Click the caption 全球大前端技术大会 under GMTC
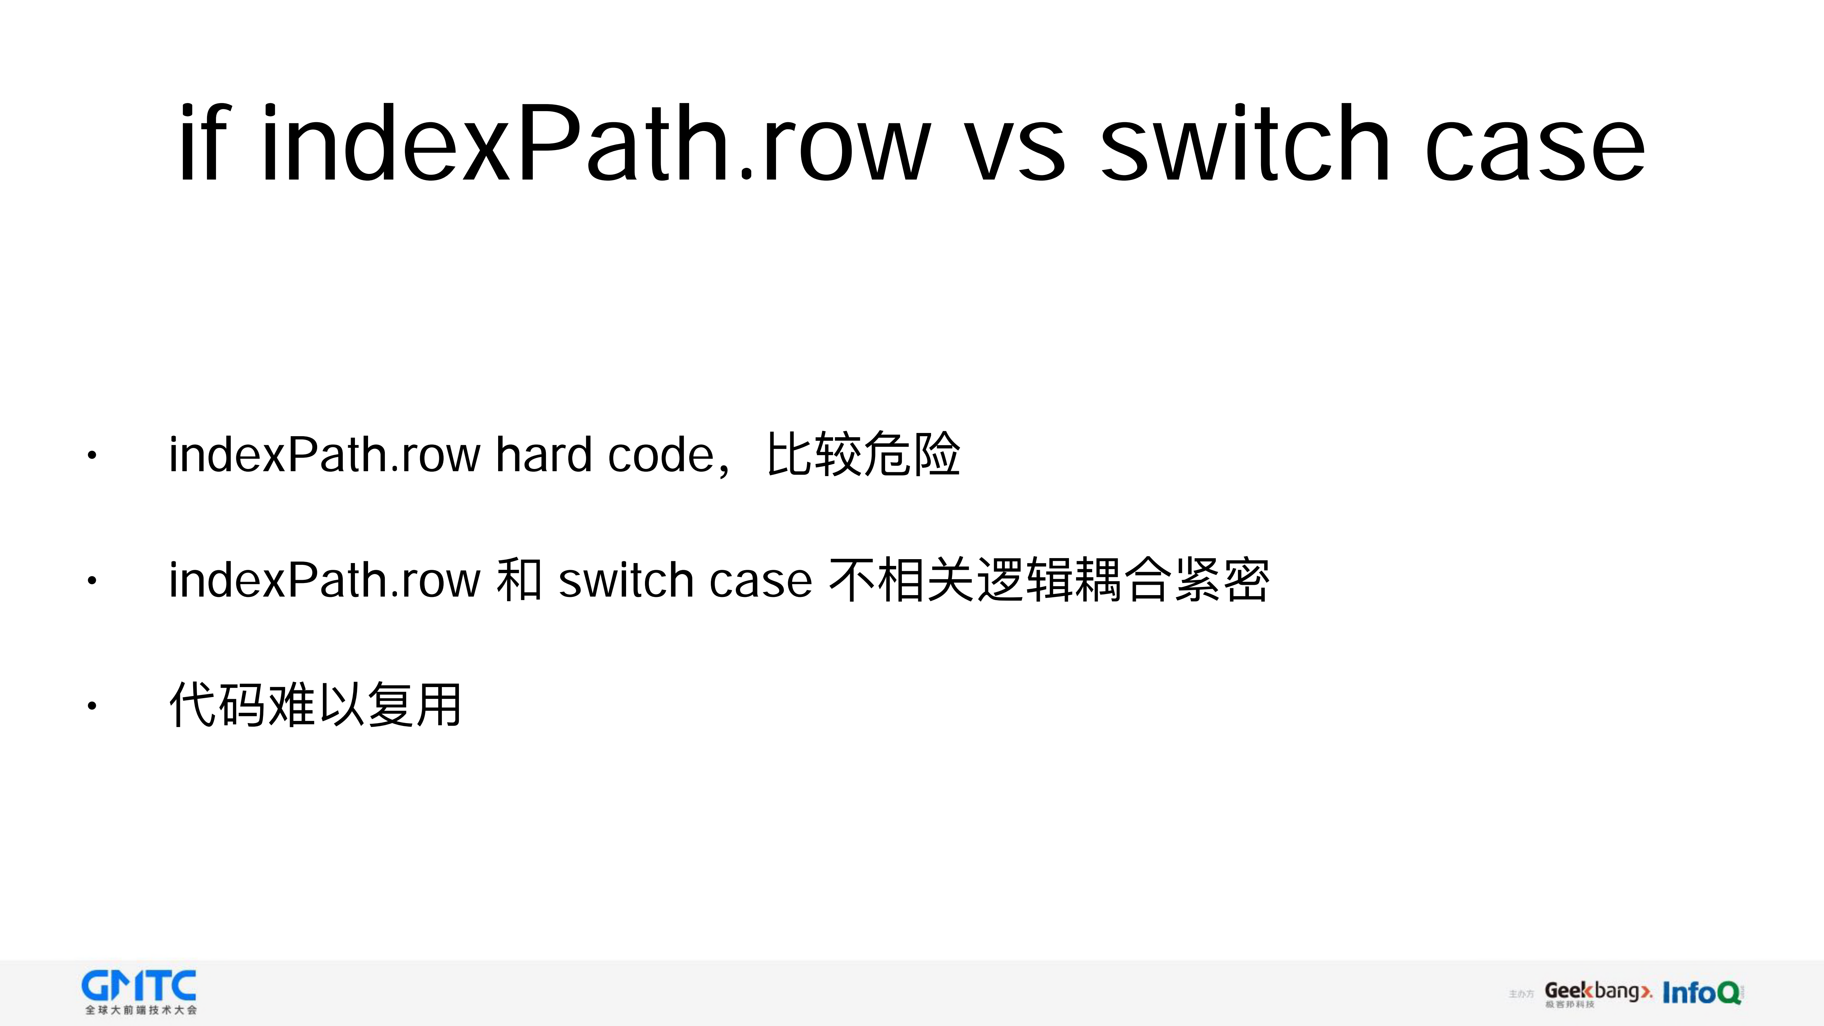tap(141, 1010)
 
